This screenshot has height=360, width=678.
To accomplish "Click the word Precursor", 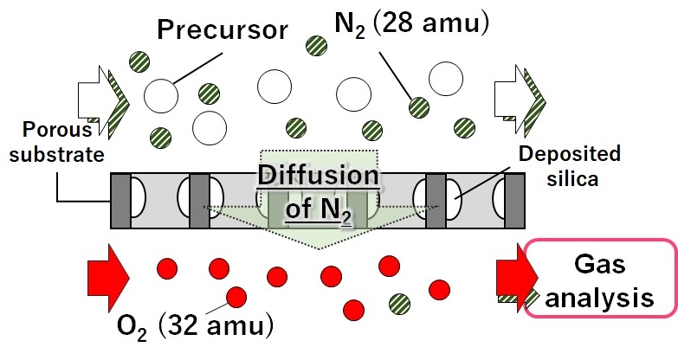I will click(223, 29).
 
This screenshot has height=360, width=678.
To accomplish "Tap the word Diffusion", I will click(319, 177).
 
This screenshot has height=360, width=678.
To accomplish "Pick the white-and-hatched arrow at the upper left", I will click(103, 97).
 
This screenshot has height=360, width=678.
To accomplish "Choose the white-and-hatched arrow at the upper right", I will click(519, 96).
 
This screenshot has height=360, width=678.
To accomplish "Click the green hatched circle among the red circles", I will click(399, 303).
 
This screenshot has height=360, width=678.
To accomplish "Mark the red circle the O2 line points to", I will click(234, 298).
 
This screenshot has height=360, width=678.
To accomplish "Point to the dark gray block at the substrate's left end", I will click(119, 201).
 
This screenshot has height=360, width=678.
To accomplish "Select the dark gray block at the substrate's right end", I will click(515, 201).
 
